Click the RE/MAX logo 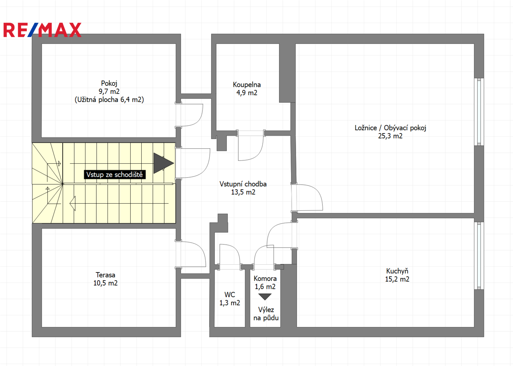tap(42, 30)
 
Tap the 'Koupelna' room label tap(246, 85)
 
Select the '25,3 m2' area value tap(390, 136)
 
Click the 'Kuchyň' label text tap(397, 271)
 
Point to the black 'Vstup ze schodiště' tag tap(115, 175)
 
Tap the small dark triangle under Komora tap(265, 297)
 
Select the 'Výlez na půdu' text tap(266, 314)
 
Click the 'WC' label tap(230, 294)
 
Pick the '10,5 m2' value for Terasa tap(105, 283)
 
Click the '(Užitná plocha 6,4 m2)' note tap(109, 100)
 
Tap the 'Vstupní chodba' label tap(243, 184)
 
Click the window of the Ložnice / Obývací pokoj tap(479, 112)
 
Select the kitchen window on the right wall tap(479, 256)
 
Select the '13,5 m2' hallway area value tap(243, 192)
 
